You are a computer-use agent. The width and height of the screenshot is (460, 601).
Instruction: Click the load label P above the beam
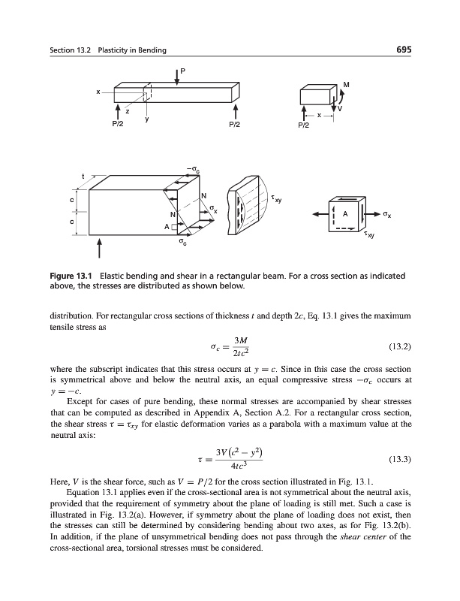tap(181, 72)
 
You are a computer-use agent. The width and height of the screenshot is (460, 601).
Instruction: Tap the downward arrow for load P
tap(176, 77)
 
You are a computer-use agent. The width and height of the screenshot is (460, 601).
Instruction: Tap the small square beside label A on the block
tap(174, 226)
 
